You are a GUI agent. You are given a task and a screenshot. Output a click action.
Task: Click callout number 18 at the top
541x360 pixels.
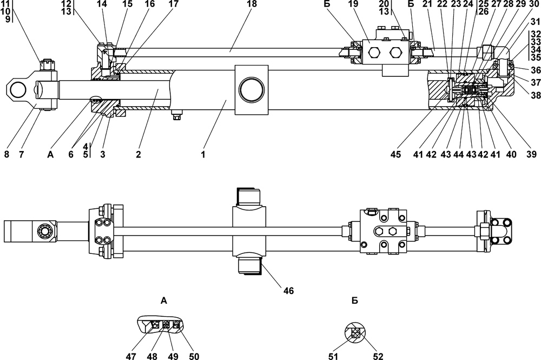tap(252, 4)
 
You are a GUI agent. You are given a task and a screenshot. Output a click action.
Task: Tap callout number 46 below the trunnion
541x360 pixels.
tap(289, 291)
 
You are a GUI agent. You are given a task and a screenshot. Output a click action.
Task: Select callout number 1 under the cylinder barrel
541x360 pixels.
tap(203, 154)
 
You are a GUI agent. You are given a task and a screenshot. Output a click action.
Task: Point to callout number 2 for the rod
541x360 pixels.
tap(138, 154)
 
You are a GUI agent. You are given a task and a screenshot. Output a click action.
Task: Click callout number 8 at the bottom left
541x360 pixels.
tap(6, 154)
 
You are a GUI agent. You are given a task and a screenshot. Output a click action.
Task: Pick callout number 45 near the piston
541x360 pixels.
tap(396, 154)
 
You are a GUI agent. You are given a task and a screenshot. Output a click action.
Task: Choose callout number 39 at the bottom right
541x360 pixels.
tap(531, 154)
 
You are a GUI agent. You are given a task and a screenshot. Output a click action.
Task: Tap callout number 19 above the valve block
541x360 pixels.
tap(353, 4)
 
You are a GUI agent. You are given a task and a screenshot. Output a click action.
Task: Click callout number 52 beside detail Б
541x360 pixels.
tap(378, 356)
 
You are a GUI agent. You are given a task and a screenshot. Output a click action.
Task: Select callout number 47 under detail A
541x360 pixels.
tap(131, 356)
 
